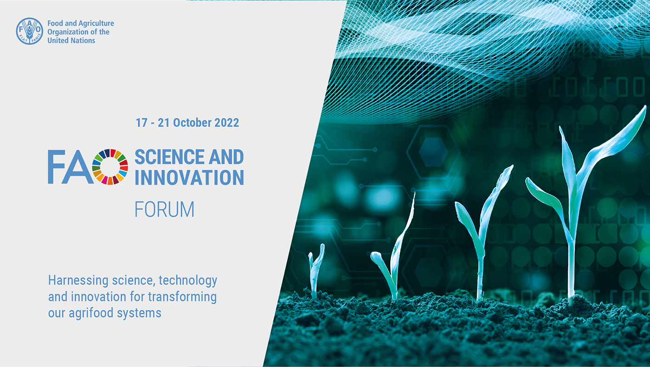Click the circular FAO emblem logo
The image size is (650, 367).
pos(29,31)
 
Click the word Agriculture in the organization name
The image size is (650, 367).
pos(96,23)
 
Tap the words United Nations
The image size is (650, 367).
pos(71,40)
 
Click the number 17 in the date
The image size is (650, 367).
pos(142,123)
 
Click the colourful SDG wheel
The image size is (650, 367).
pos(110,167)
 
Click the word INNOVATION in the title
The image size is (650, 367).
pos(189,178)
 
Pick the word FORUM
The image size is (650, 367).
pos(164,210)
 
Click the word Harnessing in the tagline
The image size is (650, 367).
pos(78,281)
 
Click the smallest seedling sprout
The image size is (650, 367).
pos(316,271)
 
